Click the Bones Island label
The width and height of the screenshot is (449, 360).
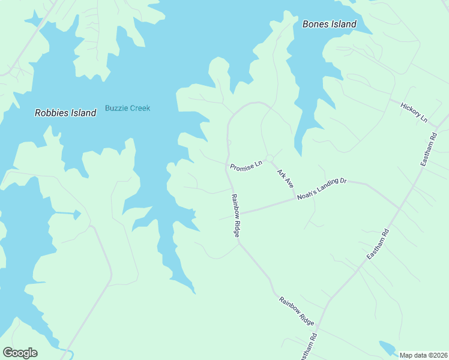click(329, 25)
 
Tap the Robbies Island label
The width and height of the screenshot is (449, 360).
click(65, 113)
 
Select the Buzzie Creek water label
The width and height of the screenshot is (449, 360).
click(127, 108)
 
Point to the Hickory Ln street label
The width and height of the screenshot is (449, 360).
click(414, 112)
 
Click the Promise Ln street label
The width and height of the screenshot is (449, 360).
click(246, 164)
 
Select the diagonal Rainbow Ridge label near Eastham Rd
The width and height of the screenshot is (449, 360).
click(297, 311)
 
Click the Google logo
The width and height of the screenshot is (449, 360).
click(20, 352)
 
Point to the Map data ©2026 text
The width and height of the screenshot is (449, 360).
click(423, 355)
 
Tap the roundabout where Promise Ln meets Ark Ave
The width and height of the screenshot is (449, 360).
click(270, 158)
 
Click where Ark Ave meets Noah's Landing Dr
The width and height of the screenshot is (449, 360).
click(296, 199)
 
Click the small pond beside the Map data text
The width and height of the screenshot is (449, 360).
click(387, 347)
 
